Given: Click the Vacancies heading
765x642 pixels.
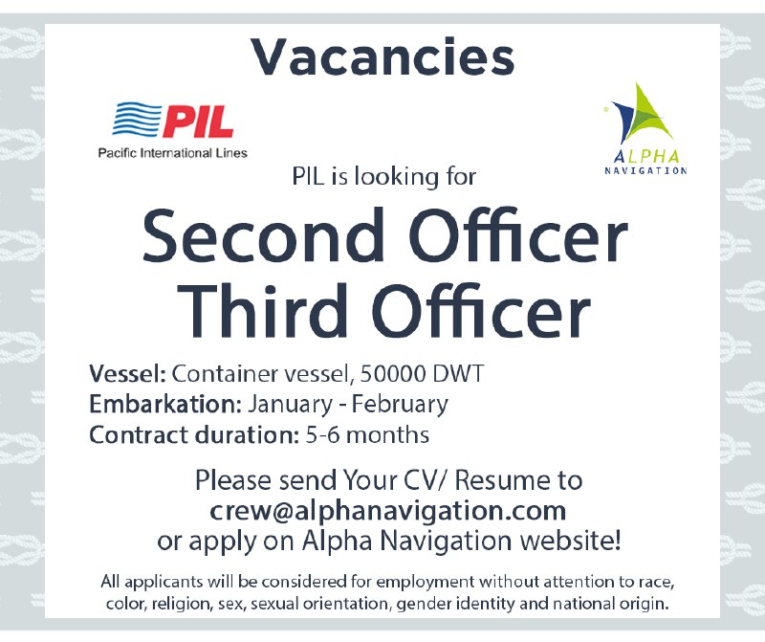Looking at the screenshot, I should [x=382, y=57].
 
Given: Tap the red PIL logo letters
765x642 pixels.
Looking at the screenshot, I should [x=199, y=122].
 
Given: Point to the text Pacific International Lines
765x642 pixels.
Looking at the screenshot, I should [x=172, y=153].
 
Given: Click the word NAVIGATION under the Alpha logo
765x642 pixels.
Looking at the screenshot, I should [x=645, y=170].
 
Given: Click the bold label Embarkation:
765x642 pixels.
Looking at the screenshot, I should [x=166, y=404].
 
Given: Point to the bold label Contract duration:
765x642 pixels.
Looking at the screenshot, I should [x=188, y=434].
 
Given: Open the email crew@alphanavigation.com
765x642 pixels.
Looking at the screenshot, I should [x=388, y=509].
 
